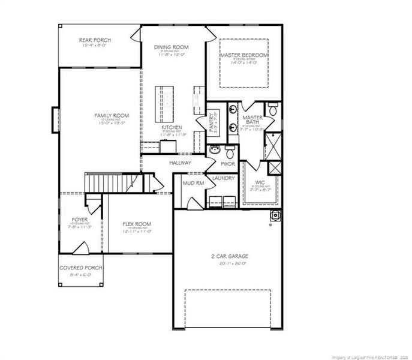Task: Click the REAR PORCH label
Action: [95, 40]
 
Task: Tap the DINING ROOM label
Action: [171, 47]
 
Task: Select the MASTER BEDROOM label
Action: [243, 55]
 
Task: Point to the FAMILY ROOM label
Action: [112, 115]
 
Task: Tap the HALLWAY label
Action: [181, 163]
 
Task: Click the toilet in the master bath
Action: [272, 110]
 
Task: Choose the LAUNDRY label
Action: [223, 178]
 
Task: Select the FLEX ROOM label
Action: [137, 224]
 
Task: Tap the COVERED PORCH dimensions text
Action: [80, 275]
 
